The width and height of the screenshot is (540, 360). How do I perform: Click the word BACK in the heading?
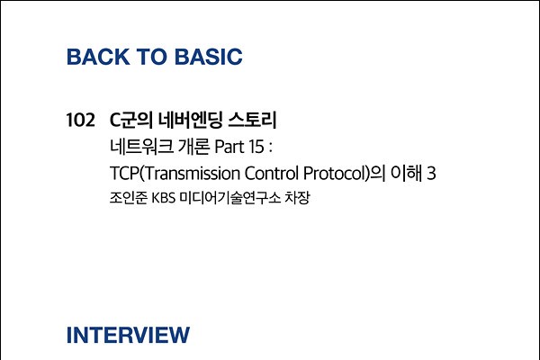[98, 57]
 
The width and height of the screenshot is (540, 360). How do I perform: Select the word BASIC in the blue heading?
[209, 57]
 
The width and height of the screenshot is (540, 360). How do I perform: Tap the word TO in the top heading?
[152, 57]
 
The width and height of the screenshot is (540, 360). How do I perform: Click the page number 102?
[80, 121]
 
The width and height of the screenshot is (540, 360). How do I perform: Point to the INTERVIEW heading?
[128, 335]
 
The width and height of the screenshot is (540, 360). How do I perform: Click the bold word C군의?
[131, 120]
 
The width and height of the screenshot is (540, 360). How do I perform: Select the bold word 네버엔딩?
[191, 120]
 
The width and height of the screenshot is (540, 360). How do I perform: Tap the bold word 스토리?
[252, 120]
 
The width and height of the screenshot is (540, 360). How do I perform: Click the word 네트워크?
[141, 147]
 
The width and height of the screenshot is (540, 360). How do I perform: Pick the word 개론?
[193, 147]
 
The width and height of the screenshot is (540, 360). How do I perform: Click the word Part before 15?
[229, 147]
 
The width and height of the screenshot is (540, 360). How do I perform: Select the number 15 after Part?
[256, 147]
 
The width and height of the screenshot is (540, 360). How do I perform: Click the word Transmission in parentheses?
[193, 173]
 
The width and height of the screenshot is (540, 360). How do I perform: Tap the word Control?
[272, 173]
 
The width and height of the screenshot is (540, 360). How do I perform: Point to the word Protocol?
[334, 173]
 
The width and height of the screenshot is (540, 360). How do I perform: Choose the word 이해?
[407, 173]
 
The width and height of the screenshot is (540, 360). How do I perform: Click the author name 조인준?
[129, 198]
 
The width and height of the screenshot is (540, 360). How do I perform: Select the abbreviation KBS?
[164, 198]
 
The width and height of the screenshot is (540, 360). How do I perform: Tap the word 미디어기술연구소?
[230, 198]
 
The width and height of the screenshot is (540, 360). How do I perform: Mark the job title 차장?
[298, 198]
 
